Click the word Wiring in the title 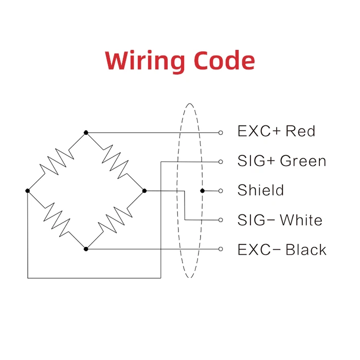click(146, 61)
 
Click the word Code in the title click(224, 61)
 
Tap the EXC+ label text click(259, 131)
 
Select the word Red click(300, 131)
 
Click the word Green click(303, 161)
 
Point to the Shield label click(261, 190)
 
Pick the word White click(301, 220)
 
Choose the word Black click(306, 250)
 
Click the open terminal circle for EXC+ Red click(221, 132)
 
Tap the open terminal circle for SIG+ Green click(221, 161)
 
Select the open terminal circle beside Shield click(221, 191)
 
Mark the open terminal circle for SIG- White click(221, 220)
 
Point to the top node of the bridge click(86, 132)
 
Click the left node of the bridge click(28, 191)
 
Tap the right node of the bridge click(145, 191)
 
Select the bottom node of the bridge click(86, 249)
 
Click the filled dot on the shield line click(203, 191)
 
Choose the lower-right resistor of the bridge click(115, 220)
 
